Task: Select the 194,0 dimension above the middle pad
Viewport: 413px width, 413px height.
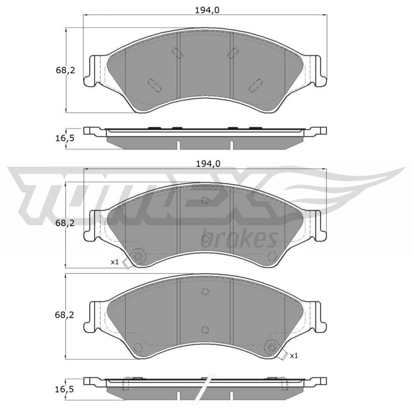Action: pos(208,164)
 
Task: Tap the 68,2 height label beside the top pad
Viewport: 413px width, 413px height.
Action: pos(66,70)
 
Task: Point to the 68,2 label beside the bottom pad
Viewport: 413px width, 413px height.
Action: pos(65,315)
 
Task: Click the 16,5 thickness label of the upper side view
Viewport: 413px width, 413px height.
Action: pos(65,138)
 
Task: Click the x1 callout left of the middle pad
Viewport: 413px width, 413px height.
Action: pos(115,262)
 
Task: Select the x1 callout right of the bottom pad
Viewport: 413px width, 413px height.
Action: pos(294,356)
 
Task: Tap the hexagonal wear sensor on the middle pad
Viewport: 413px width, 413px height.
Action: pos(138,256)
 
